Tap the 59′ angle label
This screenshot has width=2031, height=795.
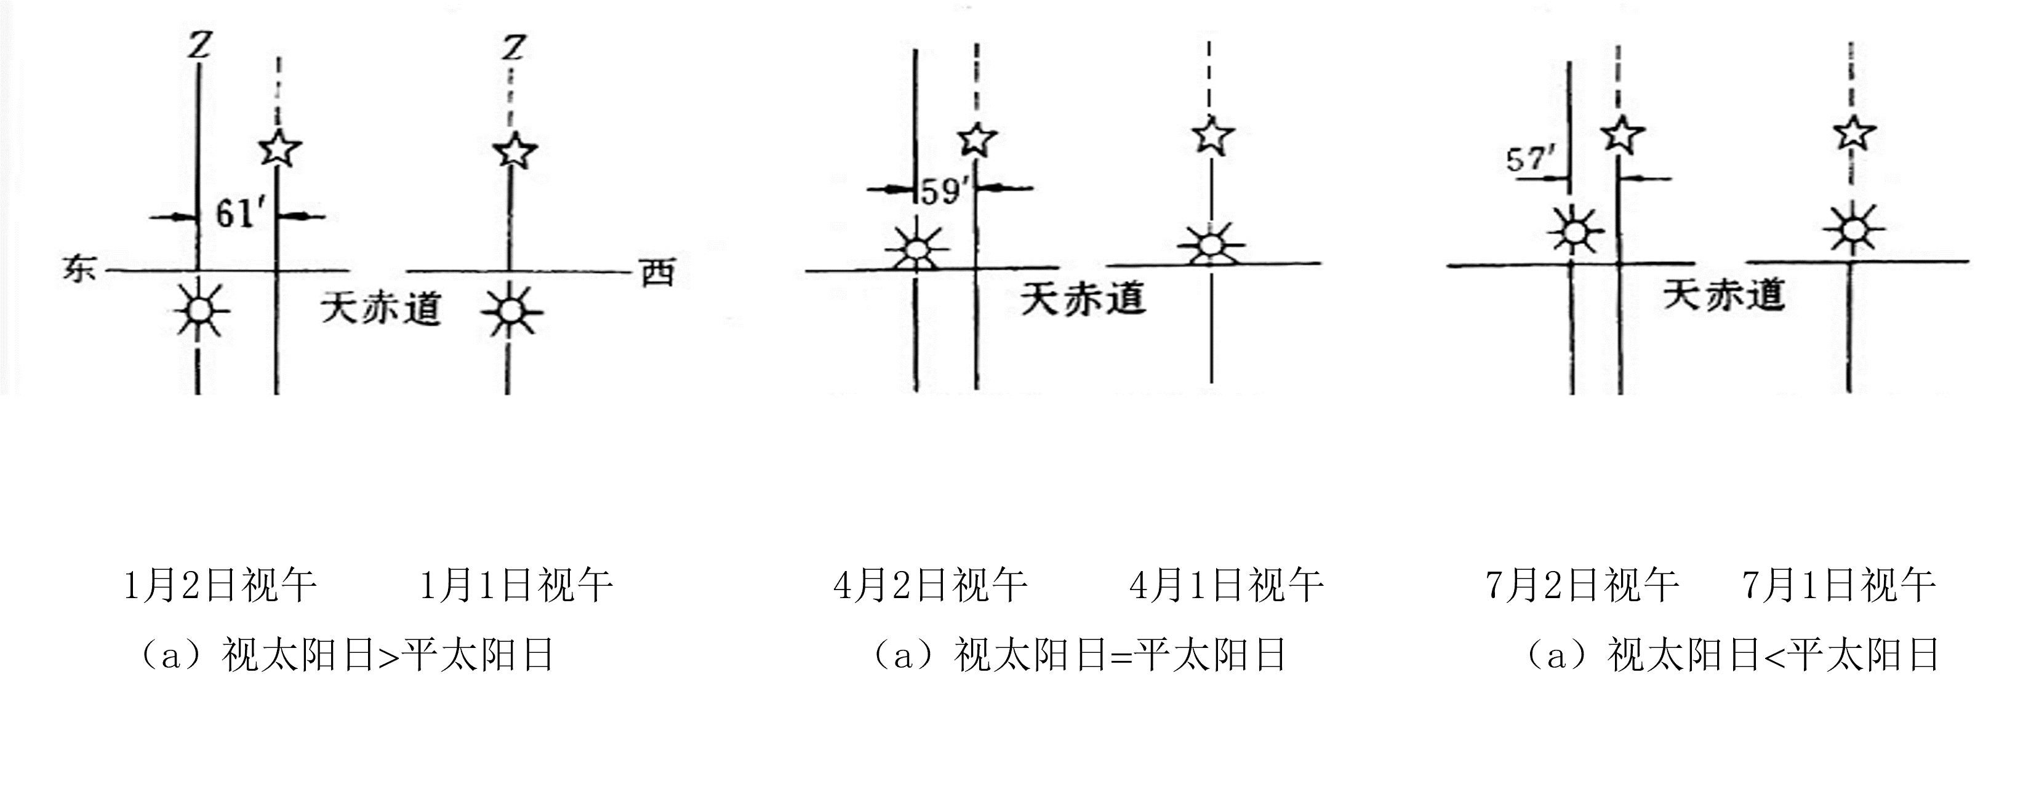(943, 191)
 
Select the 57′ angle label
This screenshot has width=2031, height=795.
(1529, 160)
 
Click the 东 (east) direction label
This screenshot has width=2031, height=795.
(79, 270)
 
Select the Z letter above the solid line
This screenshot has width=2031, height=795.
(199, 46)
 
